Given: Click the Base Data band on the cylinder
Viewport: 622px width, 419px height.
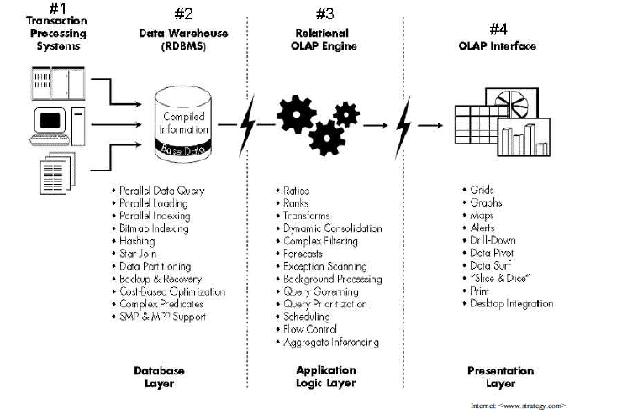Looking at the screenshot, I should [184, 149].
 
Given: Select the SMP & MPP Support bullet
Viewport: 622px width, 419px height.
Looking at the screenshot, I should [162, 317].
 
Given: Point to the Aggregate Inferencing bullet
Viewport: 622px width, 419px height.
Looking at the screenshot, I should [331, 342].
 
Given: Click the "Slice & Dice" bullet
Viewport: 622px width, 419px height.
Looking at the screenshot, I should [501, 278].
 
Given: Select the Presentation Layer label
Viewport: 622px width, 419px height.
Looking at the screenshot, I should [499, 376].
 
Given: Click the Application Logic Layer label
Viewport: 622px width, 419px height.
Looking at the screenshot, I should [326, 376].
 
